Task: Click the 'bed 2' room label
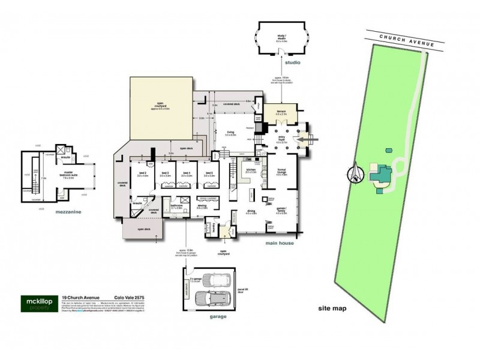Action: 142,173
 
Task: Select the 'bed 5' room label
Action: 208,173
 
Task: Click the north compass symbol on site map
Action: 356,174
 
